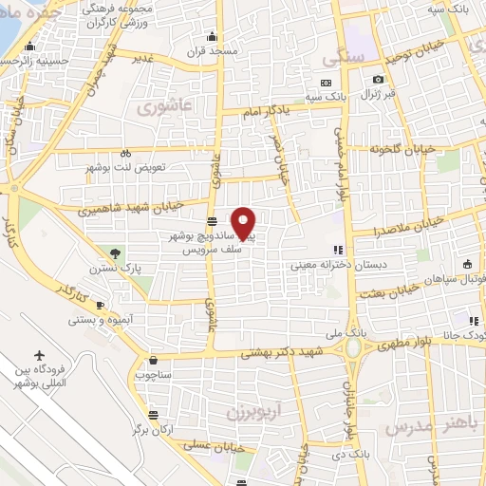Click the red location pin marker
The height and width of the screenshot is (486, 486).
click(x=244, y=222)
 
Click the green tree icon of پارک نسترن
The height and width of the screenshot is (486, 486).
click(x=116, y=252)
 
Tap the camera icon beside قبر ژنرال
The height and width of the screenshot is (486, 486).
click(x=379, y=80)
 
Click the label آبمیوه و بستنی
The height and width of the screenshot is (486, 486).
click(x=99, y=318)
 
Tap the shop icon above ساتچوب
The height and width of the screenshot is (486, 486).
click(x=154, y=360)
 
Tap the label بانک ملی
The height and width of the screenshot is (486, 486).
click(x=351, y=334)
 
